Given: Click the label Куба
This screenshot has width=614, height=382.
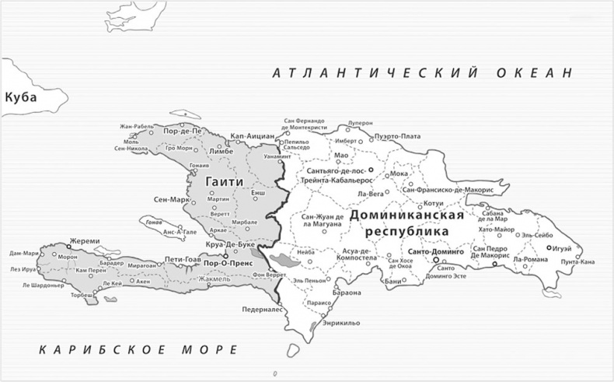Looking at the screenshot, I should pos(22,97).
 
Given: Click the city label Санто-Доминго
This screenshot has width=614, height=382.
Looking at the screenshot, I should pos(435,253).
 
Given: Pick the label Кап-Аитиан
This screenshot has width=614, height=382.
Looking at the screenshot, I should pos(249,136).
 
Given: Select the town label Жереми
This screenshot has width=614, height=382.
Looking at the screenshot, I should pos(85,241).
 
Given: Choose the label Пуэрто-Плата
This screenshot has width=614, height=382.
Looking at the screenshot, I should pos(397,136).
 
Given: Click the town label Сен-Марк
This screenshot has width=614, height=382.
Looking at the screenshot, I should pos(172,199).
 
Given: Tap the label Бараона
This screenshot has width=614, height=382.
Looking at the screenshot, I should pos(347,293).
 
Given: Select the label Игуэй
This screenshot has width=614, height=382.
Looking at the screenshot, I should pos(563,247).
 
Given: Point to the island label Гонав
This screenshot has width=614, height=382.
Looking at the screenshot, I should pos(153,221).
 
